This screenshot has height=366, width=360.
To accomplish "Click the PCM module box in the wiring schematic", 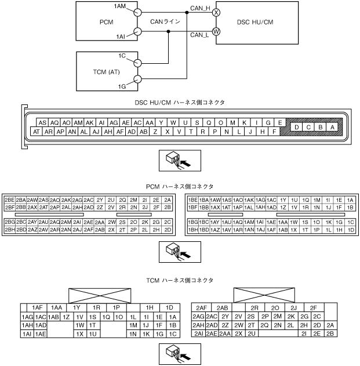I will pos(104,22).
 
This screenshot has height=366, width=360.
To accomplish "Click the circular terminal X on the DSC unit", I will pos(216,12).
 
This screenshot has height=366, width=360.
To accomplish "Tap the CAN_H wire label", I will pos(200,8).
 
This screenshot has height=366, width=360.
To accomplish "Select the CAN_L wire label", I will pos(200,35).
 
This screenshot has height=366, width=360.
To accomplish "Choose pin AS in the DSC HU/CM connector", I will pos(42,123).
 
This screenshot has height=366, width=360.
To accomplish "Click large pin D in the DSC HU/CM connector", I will pos(297,128).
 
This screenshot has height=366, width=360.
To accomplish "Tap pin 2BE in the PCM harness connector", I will pos(9,200).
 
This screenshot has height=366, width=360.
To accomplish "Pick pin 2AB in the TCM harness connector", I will pos(224,307).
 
